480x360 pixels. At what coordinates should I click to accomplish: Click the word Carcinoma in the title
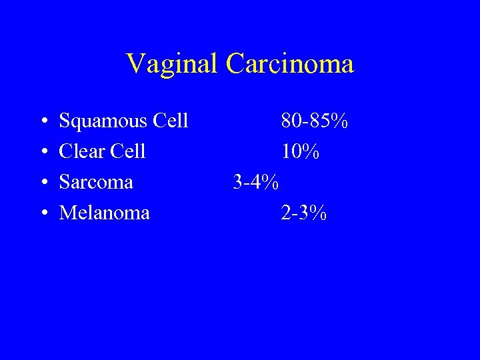point(290,64)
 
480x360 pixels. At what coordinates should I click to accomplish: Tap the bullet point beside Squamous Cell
point(43,122)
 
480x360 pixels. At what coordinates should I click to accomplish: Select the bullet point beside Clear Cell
point(43,153)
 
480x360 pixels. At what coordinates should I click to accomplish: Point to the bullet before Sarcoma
point(43,183)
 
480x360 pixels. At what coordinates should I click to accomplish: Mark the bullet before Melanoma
point(43,213)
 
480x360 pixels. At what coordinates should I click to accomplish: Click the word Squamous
point(103,122)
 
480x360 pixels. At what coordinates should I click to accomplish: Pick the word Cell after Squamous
point(171,121)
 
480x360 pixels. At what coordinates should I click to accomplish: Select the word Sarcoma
point(96,182)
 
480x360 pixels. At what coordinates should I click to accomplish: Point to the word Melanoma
point(105,213)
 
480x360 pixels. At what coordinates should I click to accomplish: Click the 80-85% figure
point(314,121)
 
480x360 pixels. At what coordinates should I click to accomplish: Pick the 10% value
point(300,152)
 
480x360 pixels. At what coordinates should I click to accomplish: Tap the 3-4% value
point(255,182)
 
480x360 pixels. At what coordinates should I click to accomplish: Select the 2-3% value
point(304,213)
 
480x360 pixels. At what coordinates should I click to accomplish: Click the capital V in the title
point(135,64)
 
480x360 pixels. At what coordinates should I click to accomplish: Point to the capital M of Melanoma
point(67,213)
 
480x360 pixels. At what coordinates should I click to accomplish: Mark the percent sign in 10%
point(310,152)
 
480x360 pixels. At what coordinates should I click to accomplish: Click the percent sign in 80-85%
point(339,121)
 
